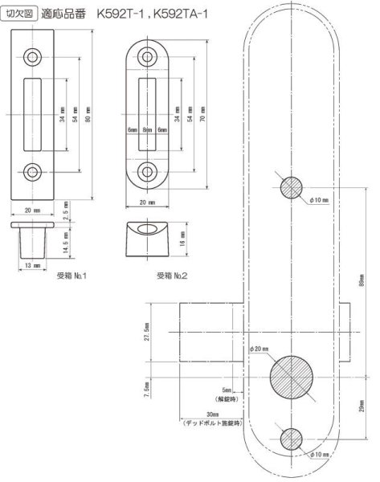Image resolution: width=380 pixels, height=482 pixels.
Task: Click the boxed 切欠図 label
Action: click(x=20, y=14)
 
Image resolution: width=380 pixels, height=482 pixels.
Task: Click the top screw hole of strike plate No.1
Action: click(x=35, y=56)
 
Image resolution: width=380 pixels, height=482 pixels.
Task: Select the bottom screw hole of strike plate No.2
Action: click(x=148, y=171)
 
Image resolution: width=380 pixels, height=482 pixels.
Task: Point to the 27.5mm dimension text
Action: click(x=147, y=332)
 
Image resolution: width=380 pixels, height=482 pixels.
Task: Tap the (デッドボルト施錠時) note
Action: click(x=206, y=422)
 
